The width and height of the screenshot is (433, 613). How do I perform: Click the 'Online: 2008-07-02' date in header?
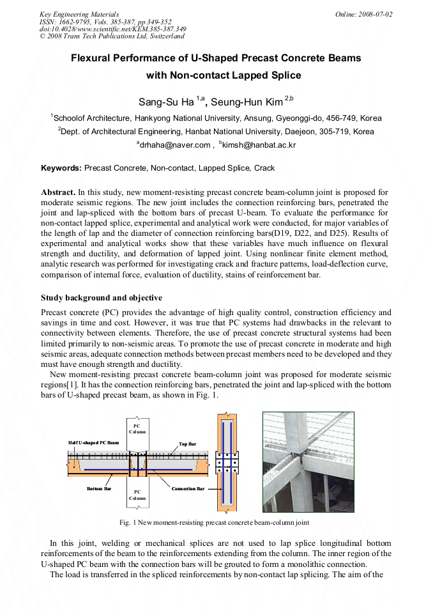point(364,14)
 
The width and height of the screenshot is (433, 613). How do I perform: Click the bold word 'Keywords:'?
point(61,168)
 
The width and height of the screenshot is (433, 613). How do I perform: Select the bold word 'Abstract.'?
point(58,192)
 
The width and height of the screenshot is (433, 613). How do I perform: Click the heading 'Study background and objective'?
point(102,298)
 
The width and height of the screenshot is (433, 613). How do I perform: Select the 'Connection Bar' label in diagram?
point(188,488)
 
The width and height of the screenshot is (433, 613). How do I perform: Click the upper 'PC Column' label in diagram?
point(137,428)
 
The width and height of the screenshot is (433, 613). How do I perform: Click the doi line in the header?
point(112,29)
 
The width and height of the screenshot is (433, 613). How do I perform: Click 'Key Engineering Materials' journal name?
point(79,14)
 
